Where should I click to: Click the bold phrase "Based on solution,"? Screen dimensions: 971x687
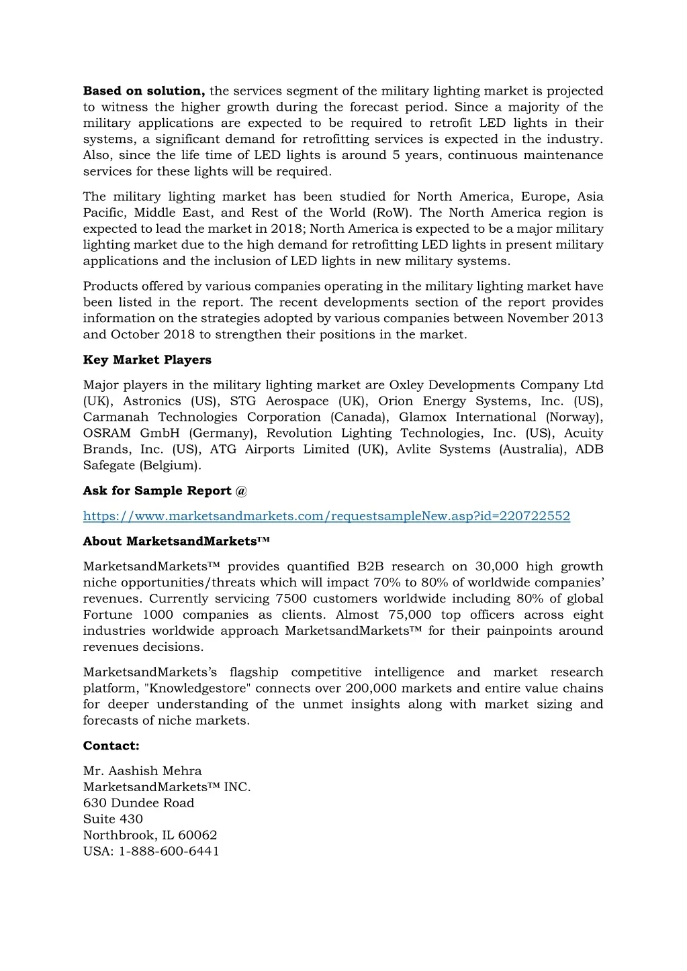point(144,91)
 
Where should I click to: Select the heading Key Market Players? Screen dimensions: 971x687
point(147,360)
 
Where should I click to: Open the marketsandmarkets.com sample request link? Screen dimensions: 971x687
point(326,516)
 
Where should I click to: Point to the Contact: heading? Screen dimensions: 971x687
point(111,746)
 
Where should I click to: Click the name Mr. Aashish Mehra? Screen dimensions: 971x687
point(142,771)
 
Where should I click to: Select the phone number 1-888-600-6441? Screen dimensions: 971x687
point(169,852)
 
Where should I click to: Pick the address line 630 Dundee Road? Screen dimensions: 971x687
point(138,803)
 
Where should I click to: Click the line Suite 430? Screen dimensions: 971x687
point(113,819)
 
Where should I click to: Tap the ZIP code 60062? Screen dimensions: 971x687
point(197,835)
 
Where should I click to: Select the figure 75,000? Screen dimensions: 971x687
point(410,615)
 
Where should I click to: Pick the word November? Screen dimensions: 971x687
point(537,318)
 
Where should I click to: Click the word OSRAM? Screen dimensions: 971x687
point(107,433)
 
